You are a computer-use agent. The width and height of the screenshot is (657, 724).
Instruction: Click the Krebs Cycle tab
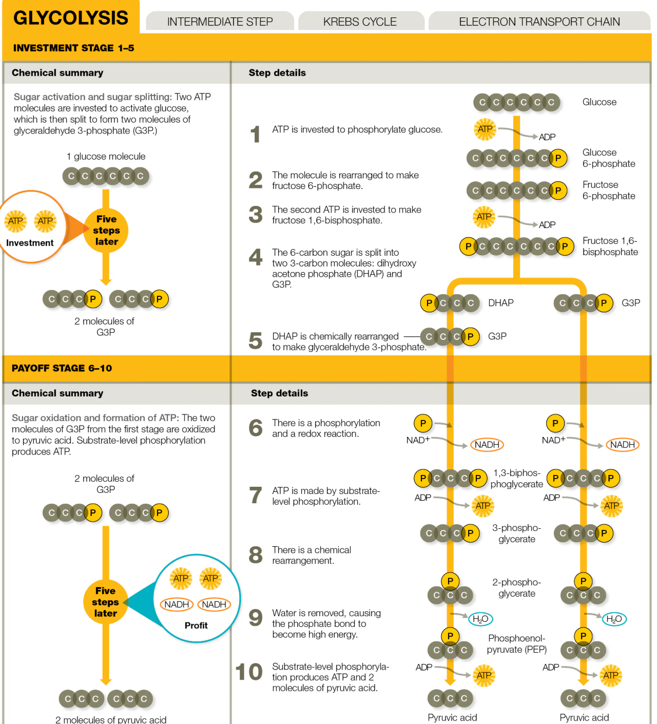tap(360, 21)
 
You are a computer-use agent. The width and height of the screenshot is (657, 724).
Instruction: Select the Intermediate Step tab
tap(220, 21)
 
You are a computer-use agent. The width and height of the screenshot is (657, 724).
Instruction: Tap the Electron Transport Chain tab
tap(539, 21)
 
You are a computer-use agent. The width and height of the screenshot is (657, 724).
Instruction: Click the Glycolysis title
tap(71, 17)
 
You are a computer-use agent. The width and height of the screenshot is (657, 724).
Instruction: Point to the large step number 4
tap(256, 257)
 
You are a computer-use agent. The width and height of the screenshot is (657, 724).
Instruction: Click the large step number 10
tap(249, 672)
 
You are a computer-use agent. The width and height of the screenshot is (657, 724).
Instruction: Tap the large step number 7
tap(256, 495)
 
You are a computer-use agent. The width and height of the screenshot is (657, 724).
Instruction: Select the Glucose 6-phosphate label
tap(608, 158)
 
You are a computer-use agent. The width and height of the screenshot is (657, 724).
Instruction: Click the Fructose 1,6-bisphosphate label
tap(610, 246)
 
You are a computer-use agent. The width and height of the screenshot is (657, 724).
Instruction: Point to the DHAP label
tap(500, 302)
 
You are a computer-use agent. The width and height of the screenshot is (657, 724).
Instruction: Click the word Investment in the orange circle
tap(30, 242)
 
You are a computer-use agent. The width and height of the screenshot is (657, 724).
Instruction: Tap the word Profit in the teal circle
tap(196, 625)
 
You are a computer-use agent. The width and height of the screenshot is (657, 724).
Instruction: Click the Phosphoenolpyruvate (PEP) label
tap(516, 643)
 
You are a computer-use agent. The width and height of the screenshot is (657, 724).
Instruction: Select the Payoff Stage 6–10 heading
tap(62, 368)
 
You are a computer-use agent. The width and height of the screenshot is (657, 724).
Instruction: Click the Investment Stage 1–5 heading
tap(73, 48)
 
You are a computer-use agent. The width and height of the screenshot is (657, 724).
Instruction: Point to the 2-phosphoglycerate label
tap(516, 587)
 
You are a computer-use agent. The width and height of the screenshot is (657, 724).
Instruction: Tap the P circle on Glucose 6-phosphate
tap(558, 158)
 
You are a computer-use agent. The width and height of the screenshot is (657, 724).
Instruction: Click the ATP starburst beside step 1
tap(485, 129)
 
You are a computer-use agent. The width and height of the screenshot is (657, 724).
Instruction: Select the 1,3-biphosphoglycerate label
tap(517, 478)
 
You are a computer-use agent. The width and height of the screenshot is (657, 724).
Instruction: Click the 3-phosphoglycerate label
tap(517, 533)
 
